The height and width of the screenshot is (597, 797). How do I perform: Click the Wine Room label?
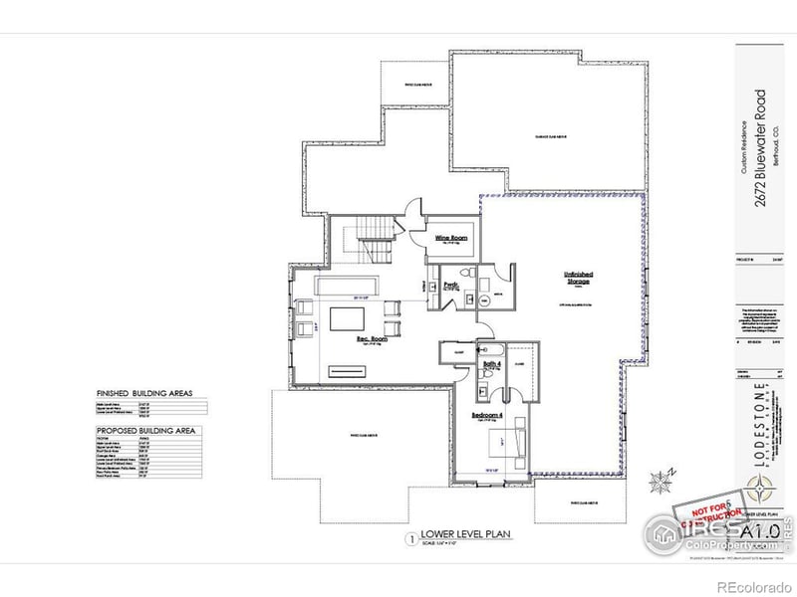[x=451, y=238]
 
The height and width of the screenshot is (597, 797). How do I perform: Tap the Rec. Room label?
[x=372, y=339]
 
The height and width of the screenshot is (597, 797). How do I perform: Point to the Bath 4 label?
[x=493, y=365]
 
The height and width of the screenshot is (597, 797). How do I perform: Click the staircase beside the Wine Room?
[x=377, y=240]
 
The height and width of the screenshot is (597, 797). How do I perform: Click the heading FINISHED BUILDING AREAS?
[x=144, y=393]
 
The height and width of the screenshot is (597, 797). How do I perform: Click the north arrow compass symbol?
[x=661, y=483]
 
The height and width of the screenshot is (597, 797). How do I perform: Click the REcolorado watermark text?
[x=753, y=586]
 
